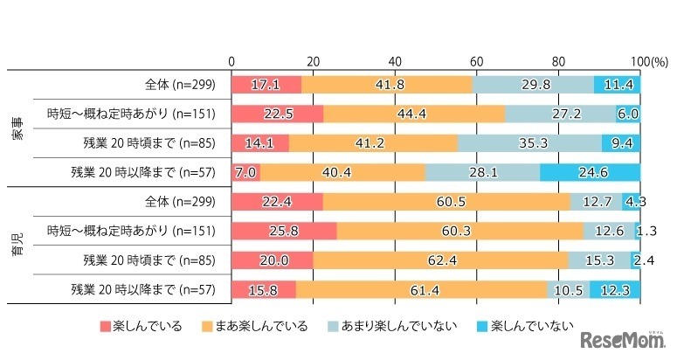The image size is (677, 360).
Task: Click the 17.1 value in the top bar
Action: tap(266, 85)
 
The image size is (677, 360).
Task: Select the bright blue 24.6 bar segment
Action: tap(590, 172)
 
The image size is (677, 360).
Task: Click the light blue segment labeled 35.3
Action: tap(529, 143)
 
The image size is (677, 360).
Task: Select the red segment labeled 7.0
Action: tap(245, 172)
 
